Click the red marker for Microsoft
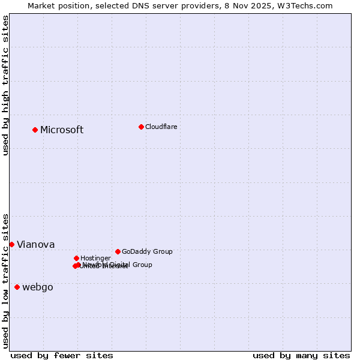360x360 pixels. (35, 130)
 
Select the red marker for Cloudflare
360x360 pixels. (141, 127)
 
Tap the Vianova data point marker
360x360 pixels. (11, 244)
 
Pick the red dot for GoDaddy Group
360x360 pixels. (118, 251)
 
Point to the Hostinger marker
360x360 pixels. (76, 258)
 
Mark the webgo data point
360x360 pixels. (17, 287)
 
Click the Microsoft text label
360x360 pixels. (62, 130)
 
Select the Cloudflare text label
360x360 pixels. (161, 127)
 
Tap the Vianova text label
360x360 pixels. (35, 245)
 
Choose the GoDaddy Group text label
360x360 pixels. (147, 252)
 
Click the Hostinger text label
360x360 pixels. (95, 259)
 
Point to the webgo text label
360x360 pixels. (37, 287)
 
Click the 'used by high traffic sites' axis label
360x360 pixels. (5, 85)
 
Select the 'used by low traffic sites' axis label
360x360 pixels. (5, 280)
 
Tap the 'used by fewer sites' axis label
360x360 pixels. (62, 355)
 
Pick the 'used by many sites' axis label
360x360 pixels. (301, 355)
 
